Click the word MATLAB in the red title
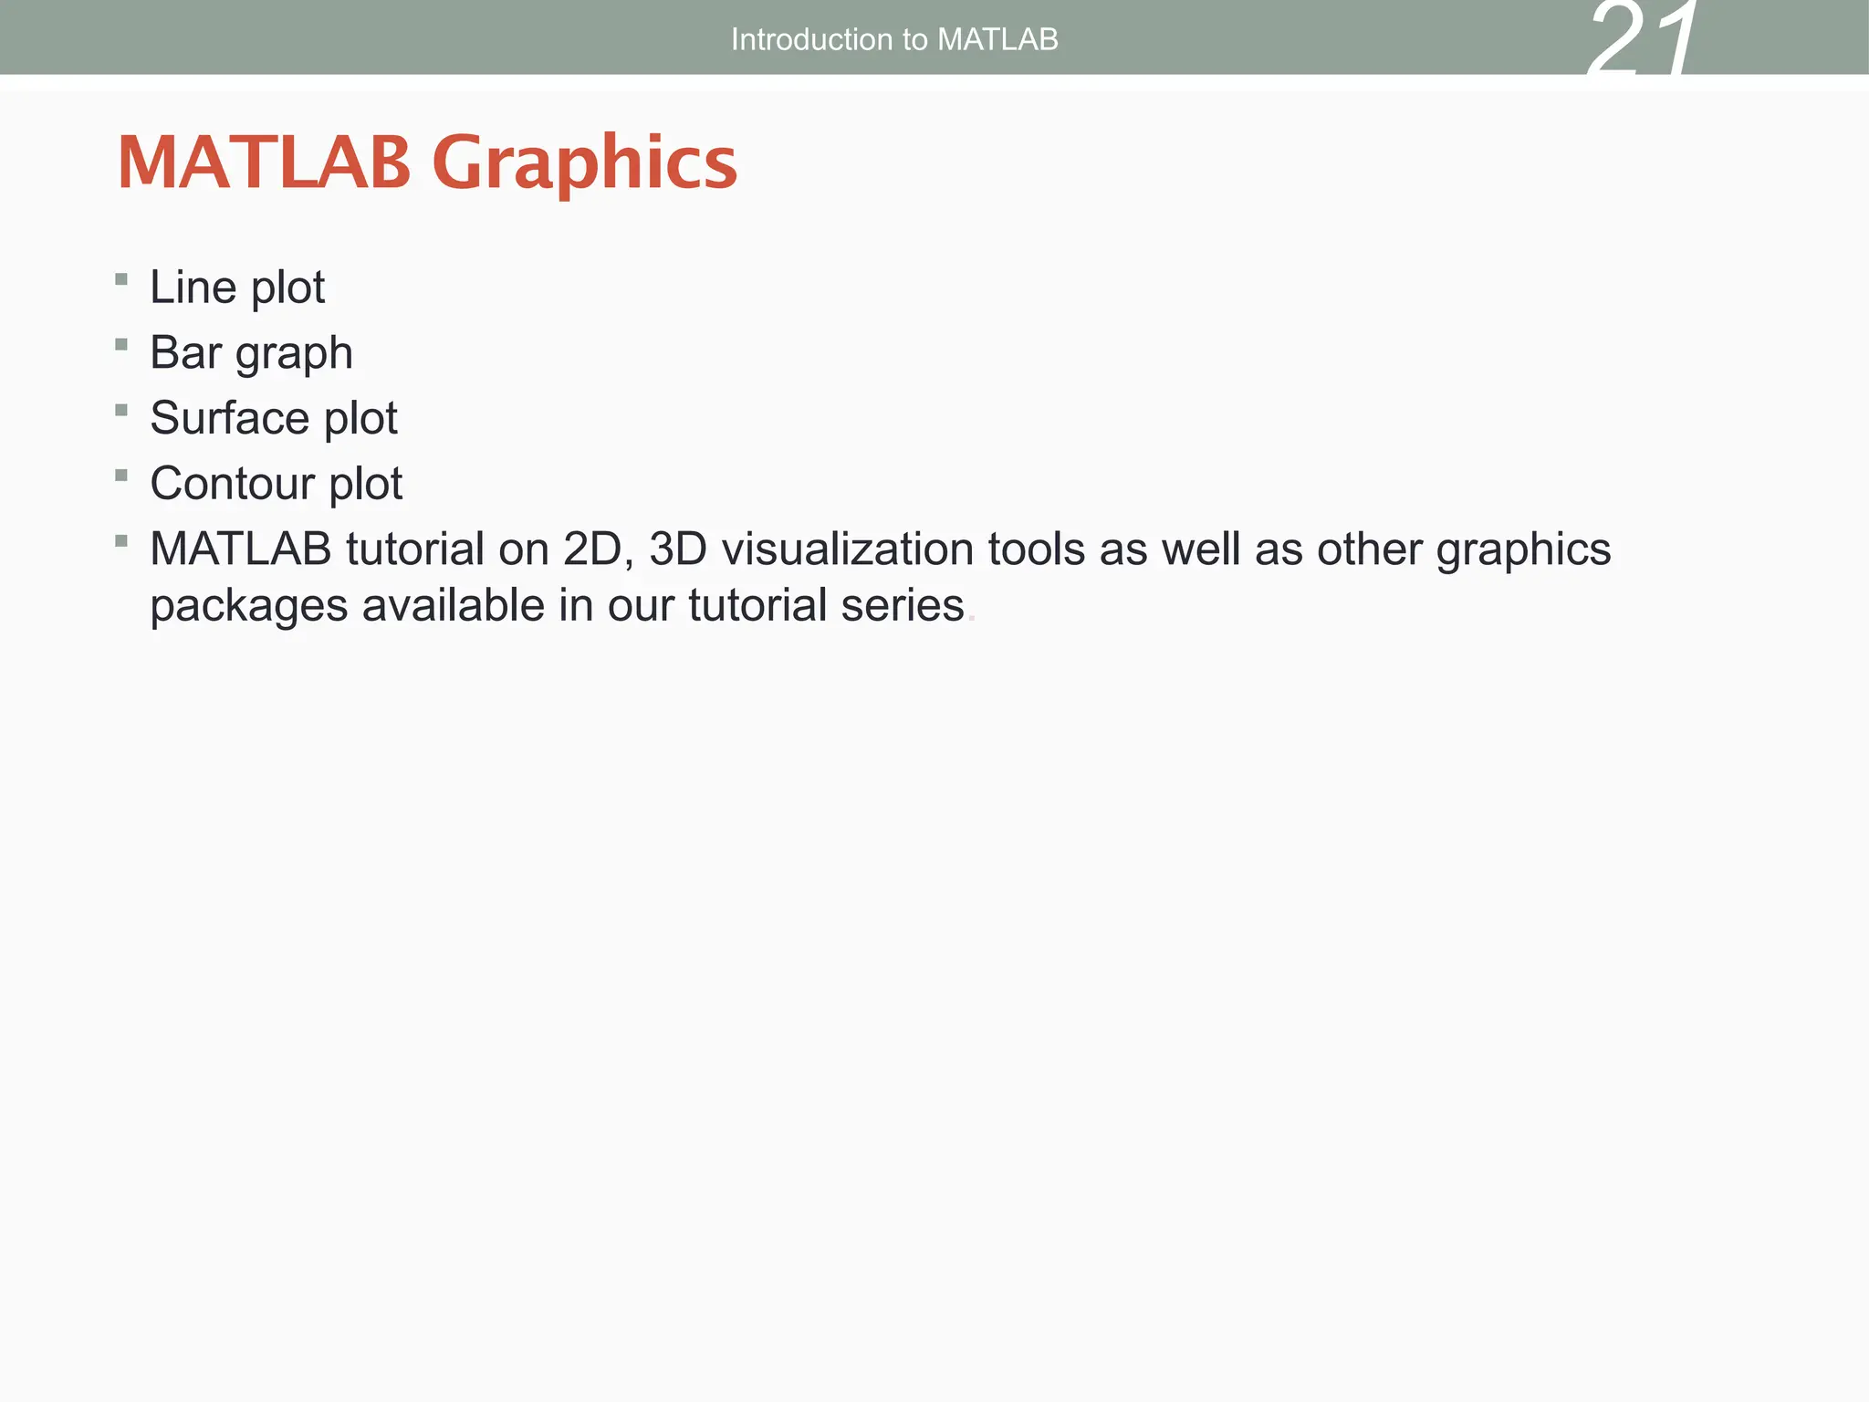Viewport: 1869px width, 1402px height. point(265,162)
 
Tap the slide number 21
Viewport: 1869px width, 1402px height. point(1643,41)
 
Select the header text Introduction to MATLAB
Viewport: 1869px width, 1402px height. point(894,39)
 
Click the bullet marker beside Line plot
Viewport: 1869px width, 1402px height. point(121,279)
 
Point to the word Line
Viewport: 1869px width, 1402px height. point(193,288)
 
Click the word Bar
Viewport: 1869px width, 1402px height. point(185,353)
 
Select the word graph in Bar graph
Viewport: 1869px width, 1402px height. point(294,355)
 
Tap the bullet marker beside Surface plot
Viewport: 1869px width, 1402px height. point(121,410)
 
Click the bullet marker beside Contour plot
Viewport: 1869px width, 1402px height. point(121,476)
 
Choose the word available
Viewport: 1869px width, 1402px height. point(453,606)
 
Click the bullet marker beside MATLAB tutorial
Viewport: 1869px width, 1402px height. point(121,541)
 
